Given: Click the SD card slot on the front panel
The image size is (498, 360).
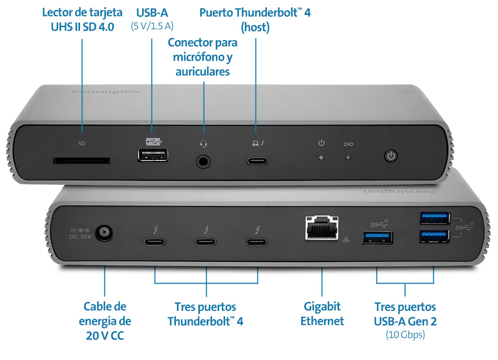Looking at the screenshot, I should point(82,160).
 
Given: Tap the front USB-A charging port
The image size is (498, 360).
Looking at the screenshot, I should point(152,156).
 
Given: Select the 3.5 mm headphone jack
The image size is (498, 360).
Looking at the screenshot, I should point(203,161).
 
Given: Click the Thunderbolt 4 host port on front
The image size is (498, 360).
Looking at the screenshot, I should point(258,161).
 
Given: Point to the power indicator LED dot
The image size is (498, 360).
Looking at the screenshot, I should point(322,158).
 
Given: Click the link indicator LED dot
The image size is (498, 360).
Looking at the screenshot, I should point(348,158).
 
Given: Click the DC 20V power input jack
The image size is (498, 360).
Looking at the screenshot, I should point(103,232).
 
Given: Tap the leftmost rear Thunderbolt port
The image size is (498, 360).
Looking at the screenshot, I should point(156,242).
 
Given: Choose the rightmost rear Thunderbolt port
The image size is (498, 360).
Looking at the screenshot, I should point(257,242).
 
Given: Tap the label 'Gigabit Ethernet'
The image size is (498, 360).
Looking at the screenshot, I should point(322,314).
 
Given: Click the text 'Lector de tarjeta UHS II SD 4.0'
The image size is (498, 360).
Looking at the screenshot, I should point(82,19).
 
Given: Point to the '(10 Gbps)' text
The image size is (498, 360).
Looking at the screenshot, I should point(405,335).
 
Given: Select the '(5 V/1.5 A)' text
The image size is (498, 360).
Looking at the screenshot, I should point(152,26).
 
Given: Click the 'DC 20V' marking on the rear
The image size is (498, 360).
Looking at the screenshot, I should point(80,237).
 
